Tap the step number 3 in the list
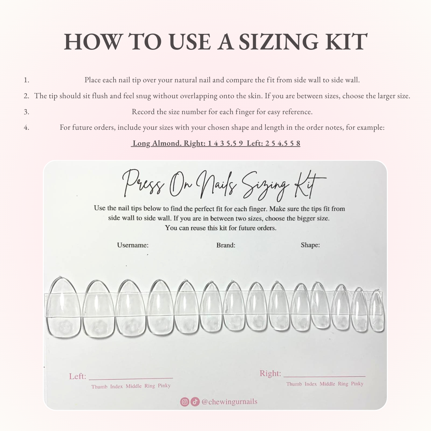coord(26,112)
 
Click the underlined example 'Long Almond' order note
coord(216,143)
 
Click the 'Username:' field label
coord(133,245)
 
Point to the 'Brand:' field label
coord(226,245)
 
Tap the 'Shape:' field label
coord(310,245)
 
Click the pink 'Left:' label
coord(78,376)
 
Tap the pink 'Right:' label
coord(270,374)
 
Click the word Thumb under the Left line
coord(99,387)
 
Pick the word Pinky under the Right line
coord(357,384)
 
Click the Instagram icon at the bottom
coord(184,402)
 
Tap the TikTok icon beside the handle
coord(195,402)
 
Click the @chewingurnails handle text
coord(229,401)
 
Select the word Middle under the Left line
coord(133,386)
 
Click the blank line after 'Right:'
coord(324,376)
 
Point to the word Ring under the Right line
coord(343,384)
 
